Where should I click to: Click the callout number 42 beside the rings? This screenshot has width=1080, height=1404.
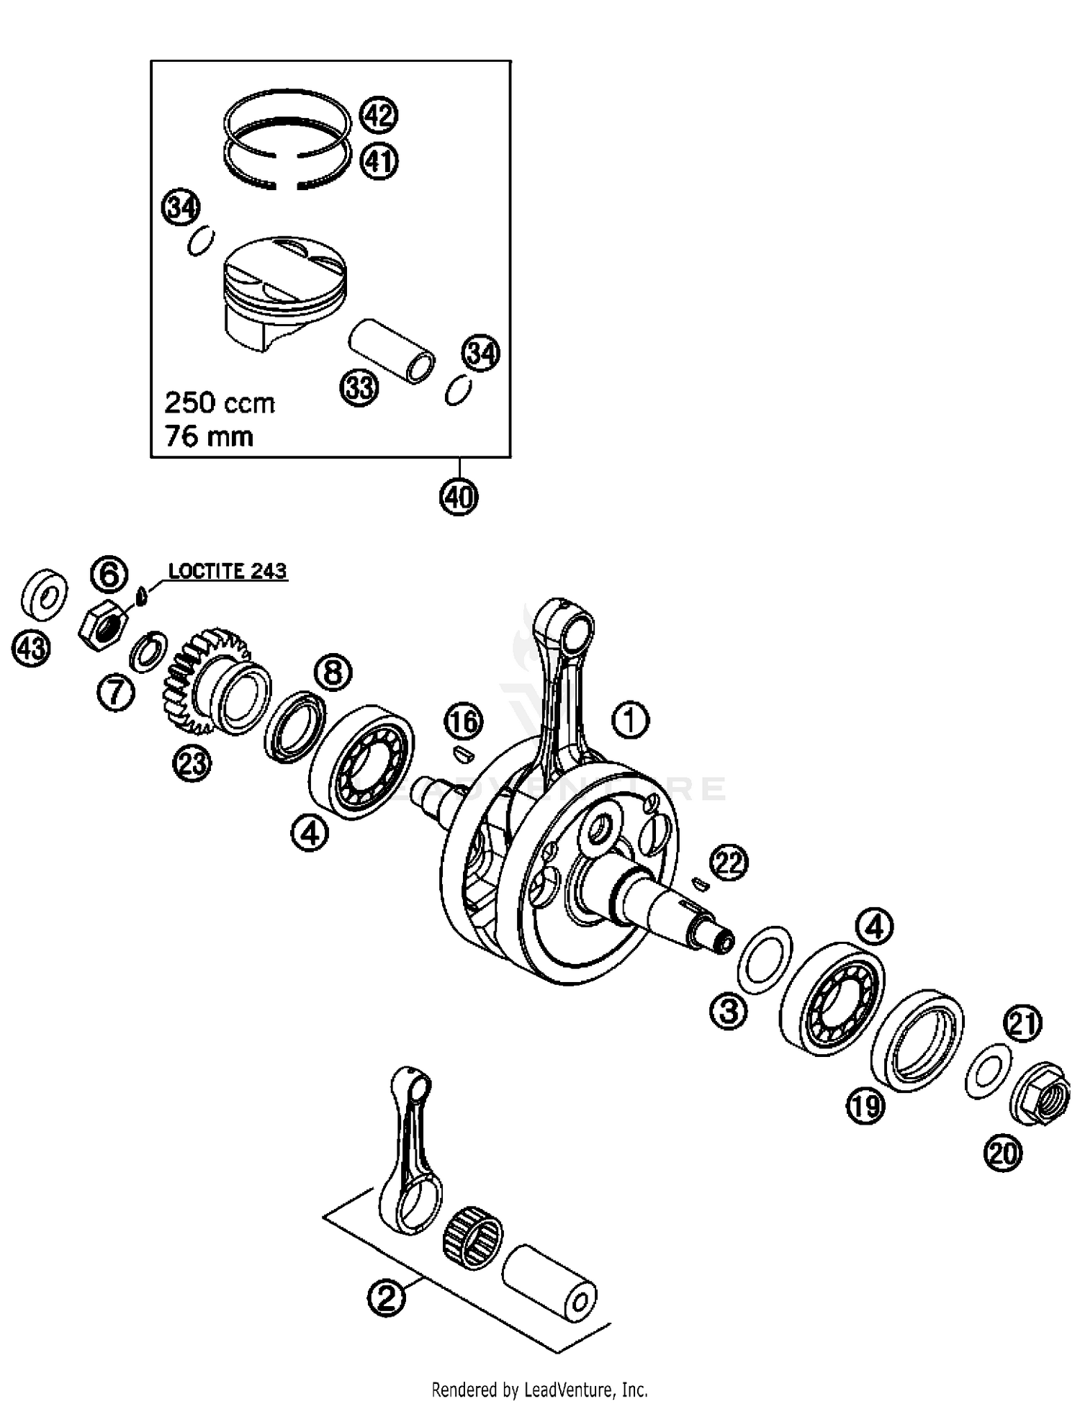[379, 115]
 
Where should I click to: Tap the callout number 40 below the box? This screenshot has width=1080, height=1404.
[459, 497]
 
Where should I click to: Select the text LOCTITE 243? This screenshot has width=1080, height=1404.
[228, 571]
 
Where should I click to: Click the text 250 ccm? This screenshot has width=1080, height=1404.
[220, 402]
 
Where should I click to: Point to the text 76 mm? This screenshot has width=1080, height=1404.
[209, 436]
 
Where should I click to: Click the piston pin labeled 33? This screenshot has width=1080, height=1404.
[392, 351]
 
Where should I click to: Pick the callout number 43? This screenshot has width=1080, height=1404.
[31, 649]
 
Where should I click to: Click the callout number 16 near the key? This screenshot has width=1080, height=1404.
[464, 721]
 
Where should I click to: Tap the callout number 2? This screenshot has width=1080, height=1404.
[386, 1298]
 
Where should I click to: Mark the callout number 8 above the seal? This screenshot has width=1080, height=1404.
[333, 672]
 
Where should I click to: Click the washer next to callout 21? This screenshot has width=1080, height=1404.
[988, 1069]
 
